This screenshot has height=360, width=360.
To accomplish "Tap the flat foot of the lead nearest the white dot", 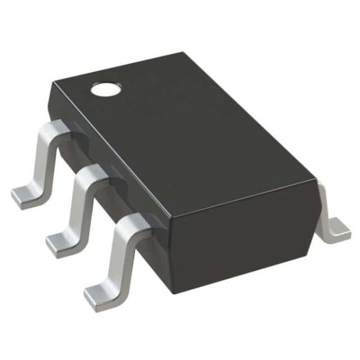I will click(x=25, y=194).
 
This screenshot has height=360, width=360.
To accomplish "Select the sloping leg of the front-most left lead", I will click(x=115, y=258).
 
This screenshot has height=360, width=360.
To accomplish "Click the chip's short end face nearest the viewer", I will click(x=240, y=240).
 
